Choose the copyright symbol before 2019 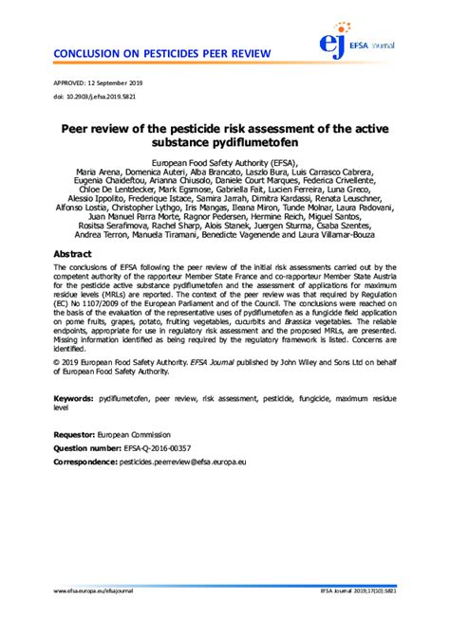point(58,388)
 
